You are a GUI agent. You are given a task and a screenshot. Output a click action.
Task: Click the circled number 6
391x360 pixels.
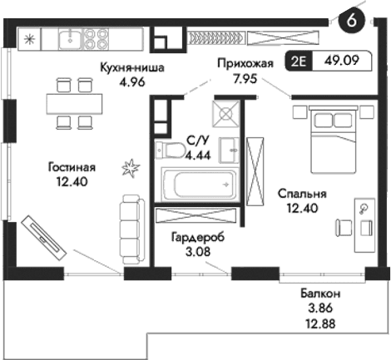tap(354, 22)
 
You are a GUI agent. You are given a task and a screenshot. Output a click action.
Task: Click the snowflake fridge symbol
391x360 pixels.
tap(30, 38)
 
